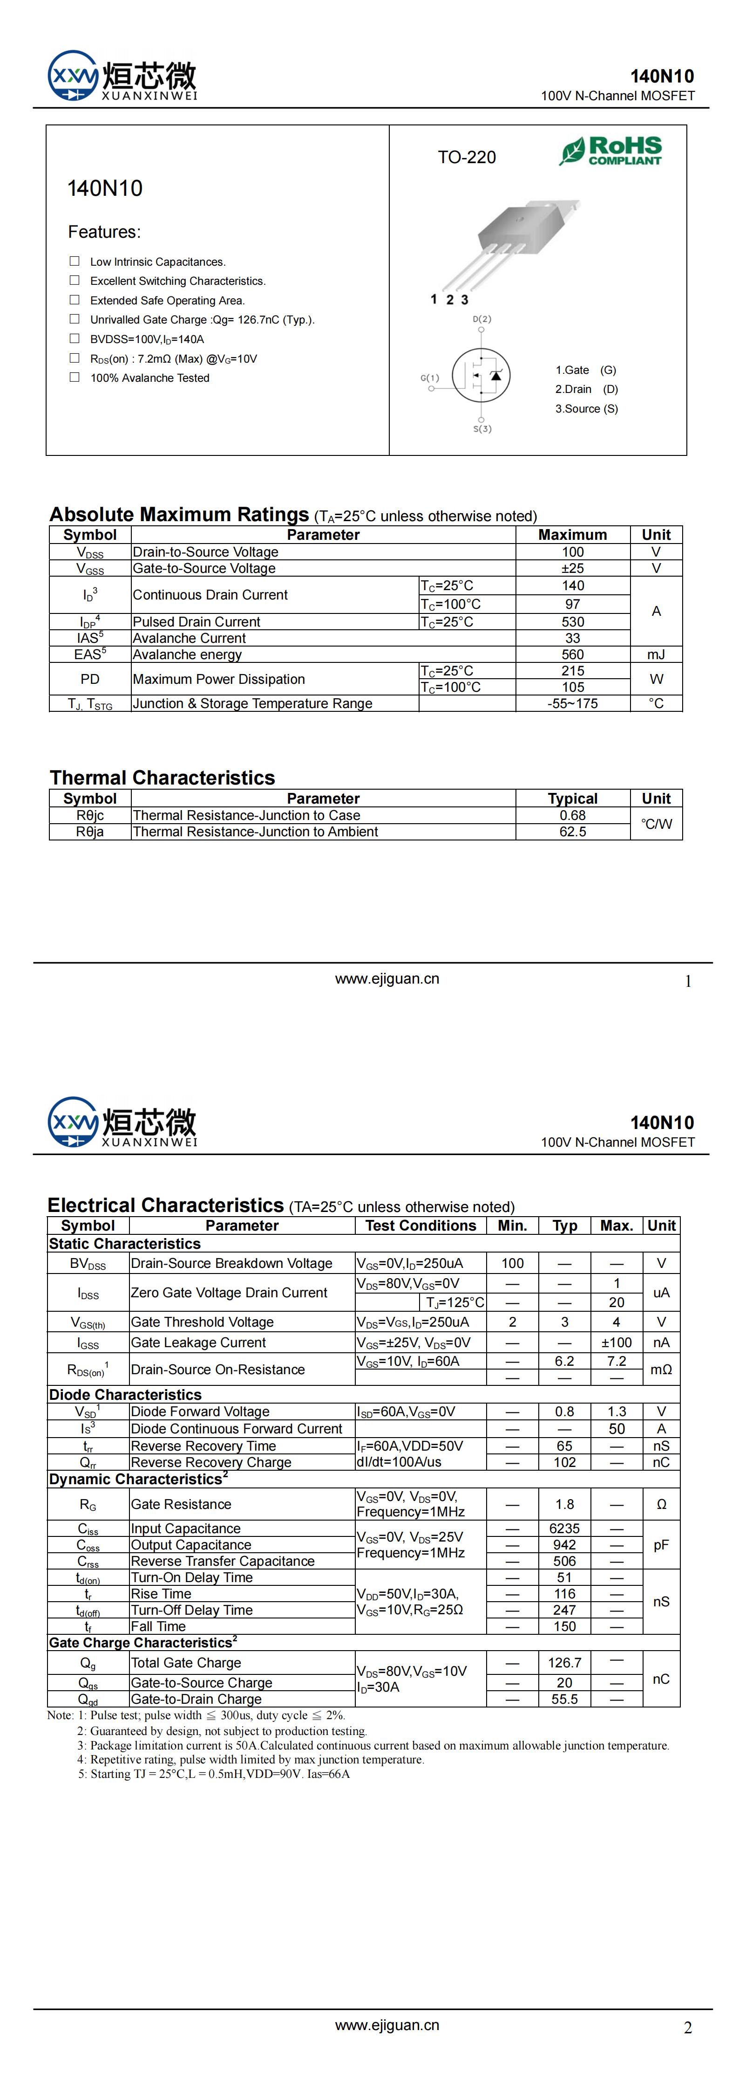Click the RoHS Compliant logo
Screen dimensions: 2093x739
point(610,151)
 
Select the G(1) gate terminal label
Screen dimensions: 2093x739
point(430,378)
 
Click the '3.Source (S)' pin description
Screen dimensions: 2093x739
point(586,409)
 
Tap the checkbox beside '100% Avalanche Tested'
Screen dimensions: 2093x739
point(75,377)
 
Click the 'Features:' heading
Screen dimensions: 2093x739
point(104,233)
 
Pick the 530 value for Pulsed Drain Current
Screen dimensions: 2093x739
point(572,621)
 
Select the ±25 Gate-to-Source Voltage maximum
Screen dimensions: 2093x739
point(572,568)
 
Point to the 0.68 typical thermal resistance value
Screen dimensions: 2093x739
point(572,815)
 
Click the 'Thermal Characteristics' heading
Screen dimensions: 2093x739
point(163,778)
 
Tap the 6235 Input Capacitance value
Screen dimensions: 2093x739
point(564,1528)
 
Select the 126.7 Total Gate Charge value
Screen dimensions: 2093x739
point(564,1662)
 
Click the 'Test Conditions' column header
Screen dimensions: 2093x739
point(420,1225)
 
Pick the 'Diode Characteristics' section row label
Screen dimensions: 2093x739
point(125,1394)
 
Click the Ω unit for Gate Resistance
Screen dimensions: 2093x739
point(661,1504)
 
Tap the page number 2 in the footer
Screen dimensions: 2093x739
point(688,2029)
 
